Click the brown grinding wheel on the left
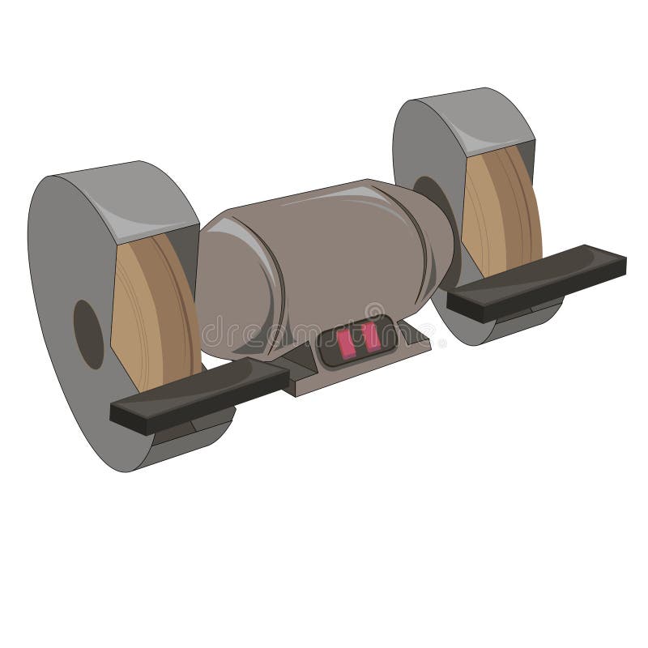click(x=154, y=324)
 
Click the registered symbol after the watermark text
click(x=442, y=344)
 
